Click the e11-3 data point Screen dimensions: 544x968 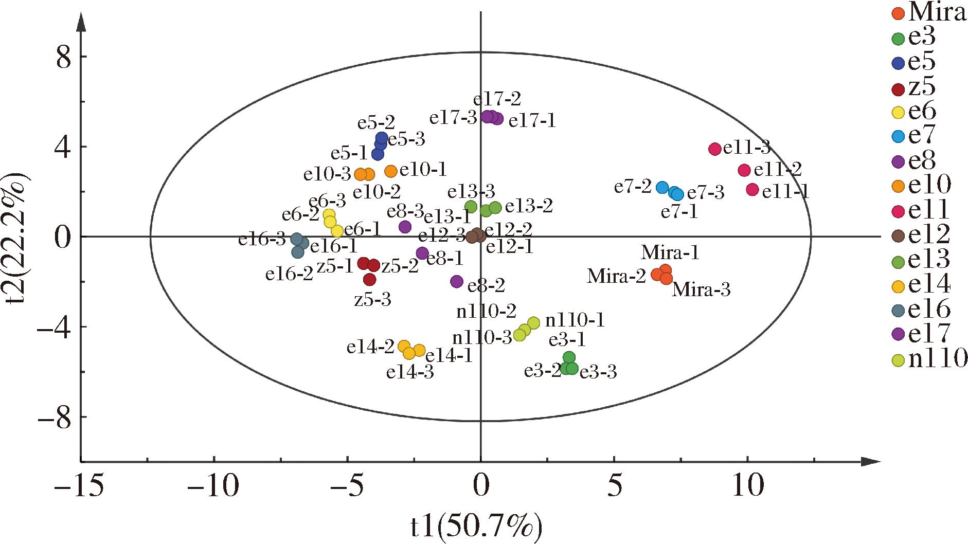coord(714,149)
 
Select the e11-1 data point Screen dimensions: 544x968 coord(752,190)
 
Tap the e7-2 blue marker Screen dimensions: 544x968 coord(662,187)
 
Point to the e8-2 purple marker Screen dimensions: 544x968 coord(457,282)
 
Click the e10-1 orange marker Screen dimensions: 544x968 coord(391,171)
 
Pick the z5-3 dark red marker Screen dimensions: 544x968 coord(369,280)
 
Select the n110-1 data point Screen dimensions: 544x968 coord(533,323)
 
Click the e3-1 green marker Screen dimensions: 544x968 coord(569,358)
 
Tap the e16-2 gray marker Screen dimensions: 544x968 coord(298,252)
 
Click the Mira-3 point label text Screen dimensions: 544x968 coord(702,291)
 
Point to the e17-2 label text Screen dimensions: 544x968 coord(497,99)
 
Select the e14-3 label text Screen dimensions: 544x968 coord(410,372)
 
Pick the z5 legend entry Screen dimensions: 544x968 coord(916,87)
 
